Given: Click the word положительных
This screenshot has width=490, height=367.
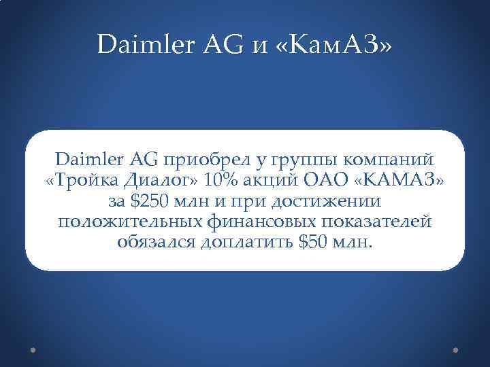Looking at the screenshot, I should coord(128,222).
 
